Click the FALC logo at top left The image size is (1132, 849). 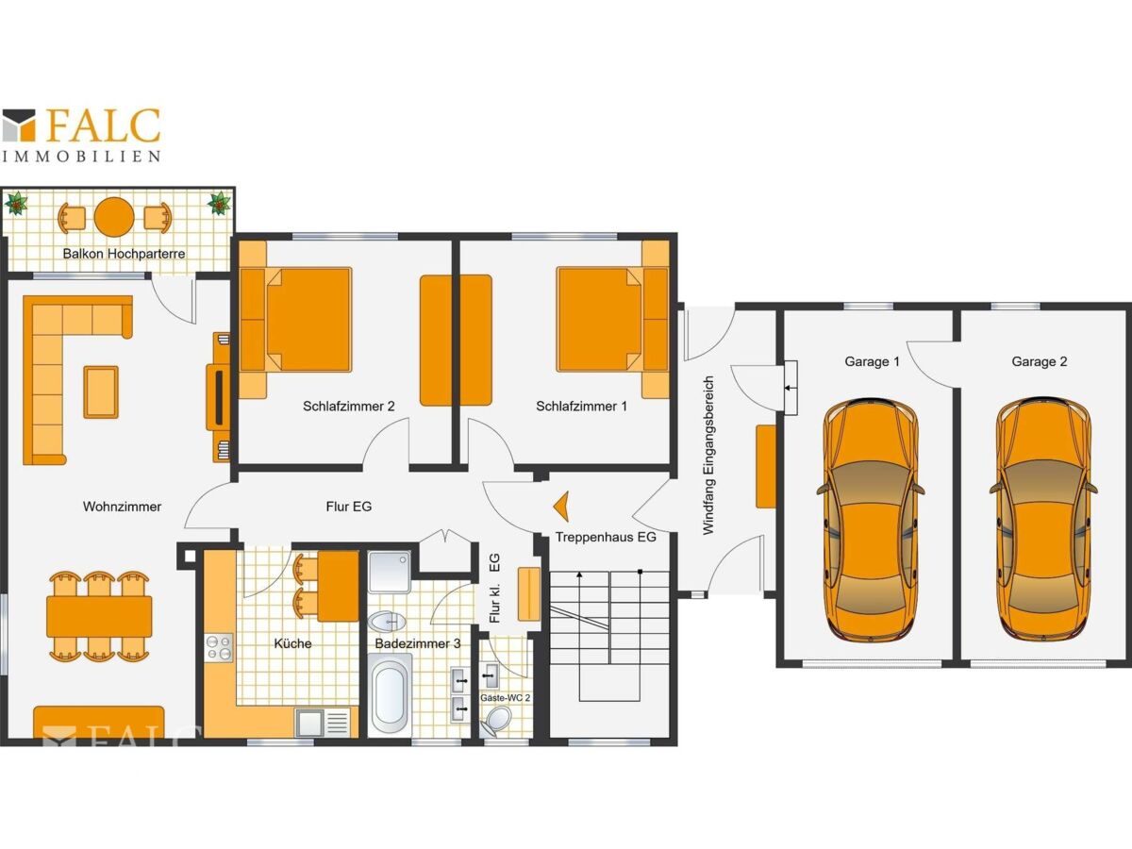pyautogui.click(x=81, y=135)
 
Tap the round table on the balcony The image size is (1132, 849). pyautogui.click(x=114, y=217)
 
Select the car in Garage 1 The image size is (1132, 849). pyautogui.click(x=870, y=520)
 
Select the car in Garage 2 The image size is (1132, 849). pyautogui.click(x=1043, y=520)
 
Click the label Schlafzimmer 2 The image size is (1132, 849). pyautogui.click(x=349, y=407)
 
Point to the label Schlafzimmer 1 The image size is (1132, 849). pyautogui.click(x=582, y=407)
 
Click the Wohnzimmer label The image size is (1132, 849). pyautogui.click(x=123, y=507)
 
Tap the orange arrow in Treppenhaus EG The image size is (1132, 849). pyautogui.click(x=561, y=507)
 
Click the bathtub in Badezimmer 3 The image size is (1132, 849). pyautogui.click(x=390, y=694)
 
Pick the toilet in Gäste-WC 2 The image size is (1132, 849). pyautogui.click(x=497, y=720)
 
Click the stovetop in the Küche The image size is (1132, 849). pyautogui.click(x=219, y=648)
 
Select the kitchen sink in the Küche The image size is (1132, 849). pyautogui.click(x=326, y=723)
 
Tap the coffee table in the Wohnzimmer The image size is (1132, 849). pyautogui.click(x=101, y=391)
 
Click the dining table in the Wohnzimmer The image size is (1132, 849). pyautogui.click(x=99, y=617)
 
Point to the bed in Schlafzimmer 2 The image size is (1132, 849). pyautogui.click(x=296, y=320)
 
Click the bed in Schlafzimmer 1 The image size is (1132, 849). pyautogui.click(x=612, y=320)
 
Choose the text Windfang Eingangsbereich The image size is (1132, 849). pyautogui.click(x=708, y=456)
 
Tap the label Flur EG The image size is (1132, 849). pyautogui.click(x=349, y=507)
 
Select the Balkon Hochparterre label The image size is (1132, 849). pyautogui.click(x=124, y=254)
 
